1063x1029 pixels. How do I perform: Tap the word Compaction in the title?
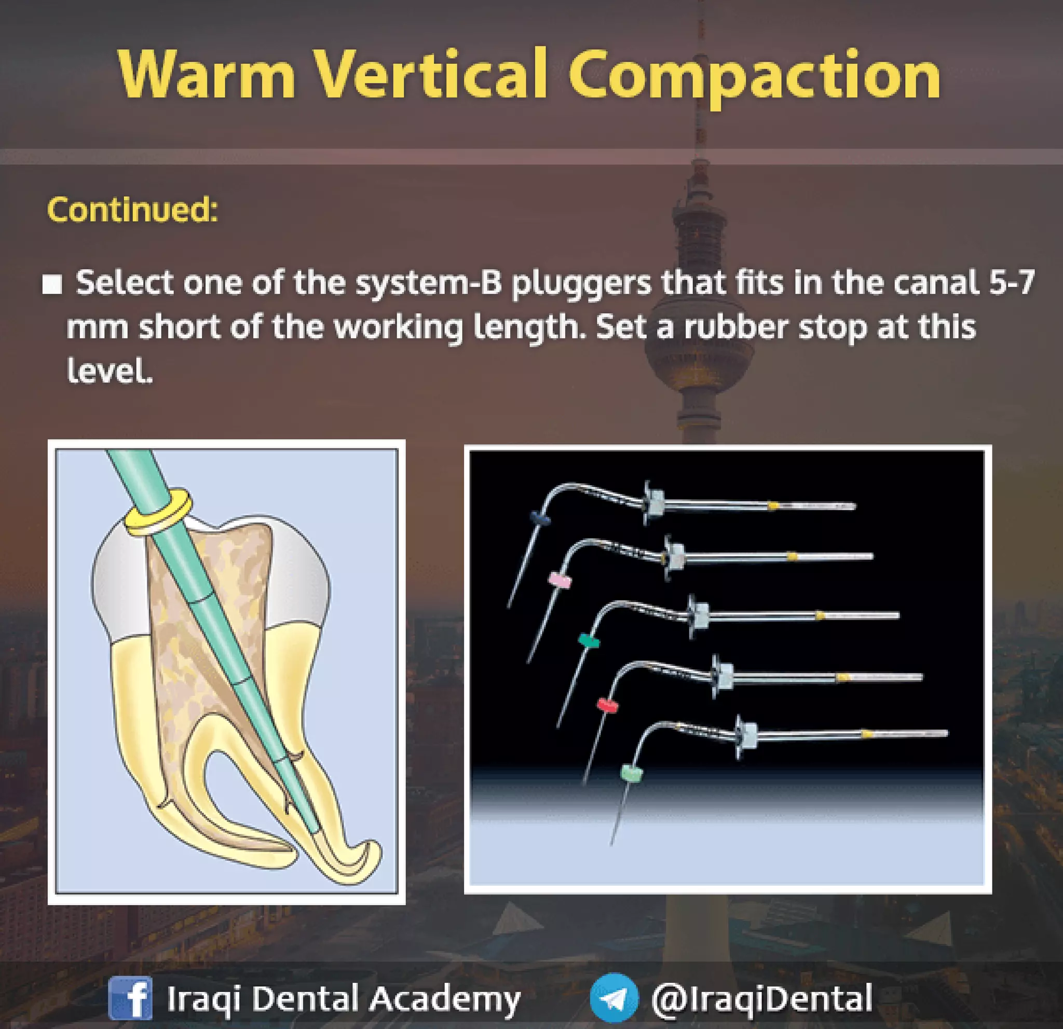click(754, 76)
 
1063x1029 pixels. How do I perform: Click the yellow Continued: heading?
click(132, 209)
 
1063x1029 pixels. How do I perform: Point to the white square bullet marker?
click(52, 284)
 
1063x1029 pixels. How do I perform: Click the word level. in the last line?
click(110, 371)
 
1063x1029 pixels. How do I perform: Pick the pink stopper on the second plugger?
click(560, 581)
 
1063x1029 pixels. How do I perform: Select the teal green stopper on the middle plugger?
click(589, 641)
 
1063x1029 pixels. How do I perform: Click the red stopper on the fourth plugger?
click(607, 705)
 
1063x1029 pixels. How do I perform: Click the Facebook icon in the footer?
click(130, 997)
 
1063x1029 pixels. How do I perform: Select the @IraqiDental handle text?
click(761, 997)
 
